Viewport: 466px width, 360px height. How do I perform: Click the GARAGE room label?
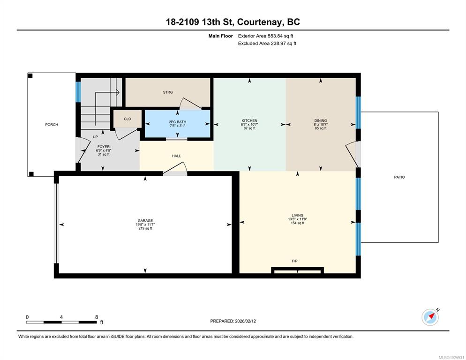tap(145, 221)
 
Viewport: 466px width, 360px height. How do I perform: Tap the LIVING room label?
tap(298, 215)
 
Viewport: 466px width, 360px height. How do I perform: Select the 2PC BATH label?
tap(177, 122)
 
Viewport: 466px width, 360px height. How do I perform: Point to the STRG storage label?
tap(168, 92)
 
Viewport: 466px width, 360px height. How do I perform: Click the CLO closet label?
tap(128, 119)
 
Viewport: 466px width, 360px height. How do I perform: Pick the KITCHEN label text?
tap(249, 120)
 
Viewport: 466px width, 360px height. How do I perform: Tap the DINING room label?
tap(321, 120)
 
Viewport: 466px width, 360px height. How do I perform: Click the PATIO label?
tap(399, 177)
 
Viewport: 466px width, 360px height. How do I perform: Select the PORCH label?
tap(52, 125)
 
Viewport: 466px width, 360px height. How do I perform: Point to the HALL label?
tap(176, 156)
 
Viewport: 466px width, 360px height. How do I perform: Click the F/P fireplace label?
tap(294, 261)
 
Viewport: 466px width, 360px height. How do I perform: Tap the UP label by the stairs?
tap(95, 137)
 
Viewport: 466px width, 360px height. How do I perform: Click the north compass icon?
tap(430, 317)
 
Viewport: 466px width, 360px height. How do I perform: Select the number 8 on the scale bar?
tap(96, 317)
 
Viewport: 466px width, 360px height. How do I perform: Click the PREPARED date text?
tap(233, 321)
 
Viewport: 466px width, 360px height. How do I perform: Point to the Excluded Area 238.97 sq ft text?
tap(267, 44)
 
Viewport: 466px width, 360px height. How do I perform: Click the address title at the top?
tap(233, 22)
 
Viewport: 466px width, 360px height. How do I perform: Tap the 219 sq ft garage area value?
tap(145, 228)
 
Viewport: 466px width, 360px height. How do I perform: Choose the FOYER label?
tap(104, 147)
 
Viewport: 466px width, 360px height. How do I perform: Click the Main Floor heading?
tap(220, 36)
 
